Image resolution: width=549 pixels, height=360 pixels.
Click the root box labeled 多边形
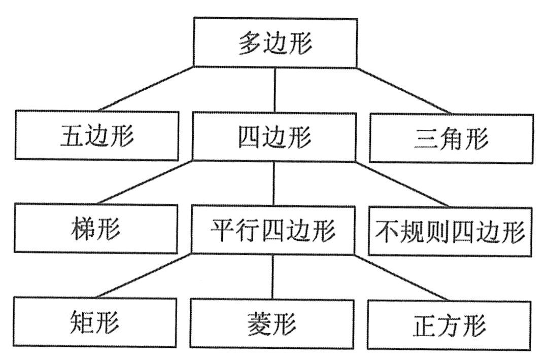pos(275,43)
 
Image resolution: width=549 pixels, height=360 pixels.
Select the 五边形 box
pos(96,135)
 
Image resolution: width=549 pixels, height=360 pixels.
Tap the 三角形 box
pos(451,138)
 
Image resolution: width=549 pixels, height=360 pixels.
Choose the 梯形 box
pos(96,228)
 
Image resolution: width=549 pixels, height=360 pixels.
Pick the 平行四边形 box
pos(273,230)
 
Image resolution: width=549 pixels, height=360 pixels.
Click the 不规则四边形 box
pos(450,231)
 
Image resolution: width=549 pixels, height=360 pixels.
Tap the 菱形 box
pos(272,323)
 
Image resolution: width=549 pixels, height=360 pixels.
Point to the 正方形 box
pos(450,325)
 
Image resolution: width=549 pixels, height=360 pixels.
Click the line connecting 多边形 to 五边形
pos(146,89)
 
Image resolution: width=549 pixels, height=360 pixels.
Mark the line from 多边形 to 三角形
pos(404,90)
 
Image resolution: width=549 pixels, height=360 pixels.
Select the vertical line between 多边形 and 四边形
pos(274,90)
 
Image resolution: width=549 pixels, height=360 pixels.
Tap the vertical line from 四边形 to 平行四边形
pos(274,183)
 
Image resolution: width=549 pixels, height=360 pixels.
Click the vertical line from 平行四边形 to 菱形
pos(272,276)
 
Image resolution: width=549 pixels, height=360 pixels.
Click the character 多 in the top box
pos(250,44)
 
